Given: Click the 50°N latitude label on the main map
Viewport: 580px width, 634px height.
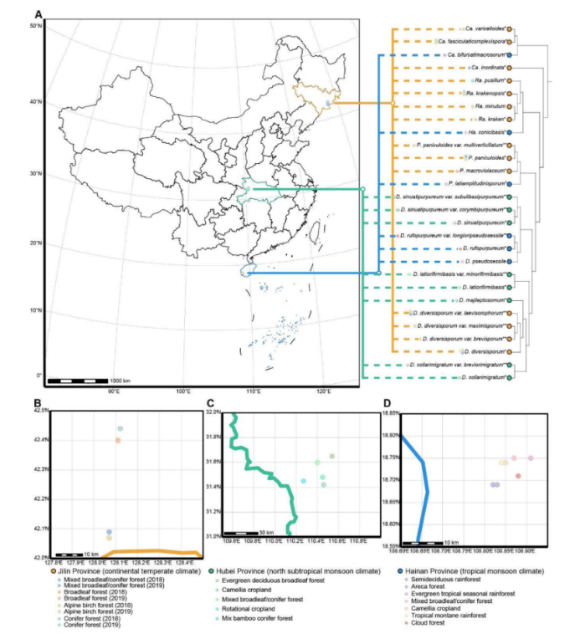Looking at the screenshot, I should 36,28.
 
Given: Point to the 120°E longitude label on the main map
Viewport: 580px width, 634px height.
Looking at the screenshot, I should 324,391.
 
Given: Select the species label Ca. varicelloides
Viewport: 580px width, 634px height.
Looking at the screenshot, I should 485,28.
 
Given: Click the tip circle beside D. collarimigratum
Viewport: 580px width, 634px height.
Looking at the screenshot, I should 510,377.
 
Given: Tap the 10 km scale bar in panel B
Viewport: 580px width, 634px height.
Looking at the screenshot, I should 70,553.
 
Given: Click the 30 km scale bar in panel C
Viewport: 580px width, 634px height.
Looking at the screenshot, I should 245,533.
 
